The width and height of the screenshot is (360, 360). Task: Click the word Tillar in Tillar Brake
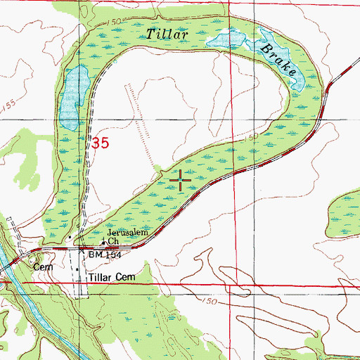[166, 33]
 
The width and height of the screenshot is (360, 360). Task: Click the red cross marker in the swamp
[181, 181]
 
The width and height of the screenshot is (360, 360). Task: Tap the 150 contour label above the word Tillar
[113, 23]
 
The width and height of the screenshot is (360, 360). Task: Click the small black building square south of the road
[77, 270]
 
